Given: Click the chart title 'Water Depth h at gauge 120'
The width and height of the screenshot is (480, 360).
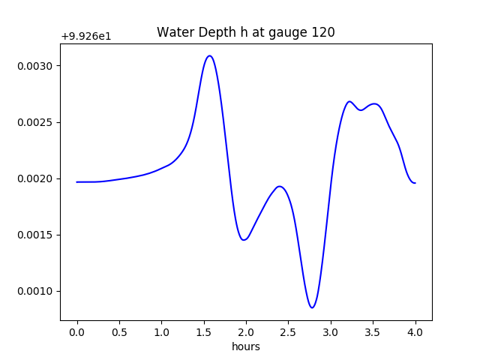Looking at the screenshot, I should pos(245,32).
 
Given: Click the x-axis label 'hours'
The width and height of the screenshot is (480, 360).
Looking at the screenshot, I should pos(245,346).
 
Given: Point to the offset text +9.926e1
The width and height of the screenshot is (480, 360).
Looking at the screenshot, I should pos(86,36).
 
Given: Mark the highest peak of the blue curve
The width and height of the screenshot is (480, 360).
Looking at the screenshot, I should pos(210,55).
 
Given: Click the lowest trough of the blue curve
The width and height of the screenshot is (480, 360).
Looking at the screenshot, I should pos(313,307).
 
